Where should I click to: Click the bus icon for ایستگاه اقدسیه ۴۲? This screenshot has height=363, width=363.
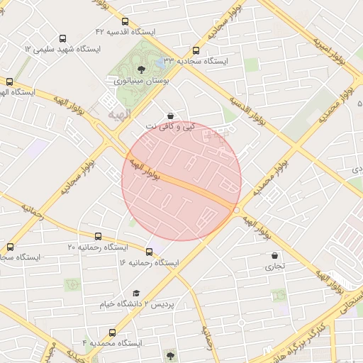pyautogui.click(x=125, y=22)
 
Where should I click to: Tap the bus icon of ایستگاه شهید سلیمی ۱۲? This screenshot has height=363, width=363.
pyautogui.click(x=62, y=39)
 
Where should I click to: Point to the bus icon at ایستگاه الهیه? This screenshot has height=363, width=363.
pyautogui.click(x=9, y=82)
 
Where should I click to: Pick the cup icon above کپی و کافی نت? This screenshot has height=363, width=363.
pyautogui.click(x=170, y=116)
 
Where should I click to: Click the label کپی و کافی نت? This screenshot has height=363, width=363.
pyautogui.click(x=170, y=127)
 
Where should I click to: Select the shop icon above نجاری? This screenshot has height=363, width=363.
pyautogui.click(x=274, y=255)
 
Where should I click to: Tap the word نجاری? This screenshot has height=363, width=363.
pyautogui.click(x=274, y=267)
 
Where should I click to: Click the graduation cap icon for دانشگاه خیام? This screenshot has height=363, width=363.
pyautogui.click(x=135, y=293)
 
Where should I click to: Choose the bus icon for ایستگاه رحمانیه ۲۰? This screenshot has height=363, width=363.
pyautogui.click(x=98, y=236)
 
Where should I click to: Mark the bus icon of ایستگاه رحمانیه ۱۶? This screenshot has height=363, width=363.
pyautogui.click(x=149, y=251)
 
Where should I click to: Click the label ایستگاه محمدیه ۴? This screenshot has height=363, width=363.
pyautogui.click(x=112, y=343)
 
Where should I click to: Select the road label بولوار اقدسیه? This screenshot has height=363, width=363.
pyautogui.click(x=245, y=110)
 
